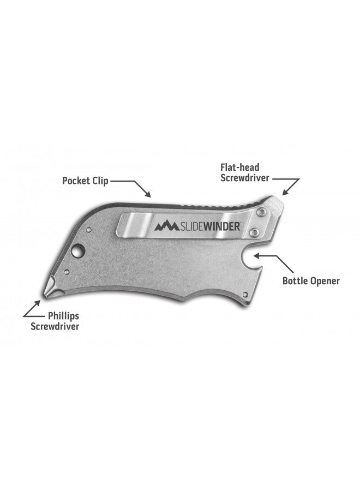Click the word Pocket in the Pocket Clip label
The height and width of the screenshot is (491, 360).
tap(76, 181)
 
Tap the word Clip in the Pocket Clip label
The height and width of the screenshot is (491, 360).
tap(100, 181)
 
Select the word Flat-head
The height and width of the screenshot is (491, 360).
tap(240, 167)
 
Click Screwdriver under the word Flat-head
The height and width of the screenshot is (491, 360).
tap(245, 178)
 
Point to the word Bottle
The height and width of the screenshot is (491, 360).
tap(295, 280)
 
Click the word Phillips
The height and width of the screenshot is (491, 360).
tap(64, 316)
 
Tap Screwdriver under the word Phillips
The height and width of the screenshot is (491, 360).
tap(55, 327)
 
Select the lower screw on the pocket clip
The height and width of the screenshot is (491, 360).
tap(255, 232)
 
